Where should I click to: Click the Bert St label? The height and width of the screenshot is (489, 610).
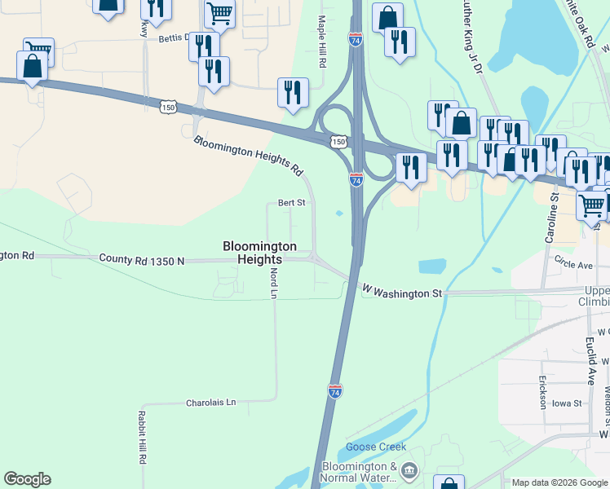(291, 203)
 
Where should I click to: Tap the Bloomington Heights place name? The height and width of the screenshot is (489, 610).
(261, 253)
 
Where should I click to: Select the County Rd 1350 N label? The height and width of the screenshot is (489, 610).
(142, 259)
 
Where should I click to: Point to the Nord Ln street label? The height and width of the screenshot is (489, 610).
(274, 282)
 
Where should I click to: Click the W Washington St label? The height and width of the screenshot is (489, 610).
(402, 291)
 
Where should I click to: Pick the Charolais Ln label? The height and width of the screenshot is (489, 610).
(210, 403)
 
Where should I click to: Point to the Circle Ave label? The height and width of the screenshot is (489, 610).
(573, 265)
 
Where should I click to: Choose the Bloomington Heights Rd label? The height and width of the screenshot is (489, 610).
(248, 156)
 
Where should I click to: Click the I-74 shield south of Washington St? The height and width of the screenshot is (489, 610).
(335, 391)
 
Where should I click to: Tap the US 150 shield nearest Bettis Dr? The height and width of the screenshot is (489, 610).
(168, 107)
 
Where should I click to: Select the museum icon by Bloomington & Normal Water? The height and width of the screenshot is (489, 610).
(409, 470)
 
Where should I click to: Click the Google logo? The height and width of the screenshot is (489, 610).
(27, 479)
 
